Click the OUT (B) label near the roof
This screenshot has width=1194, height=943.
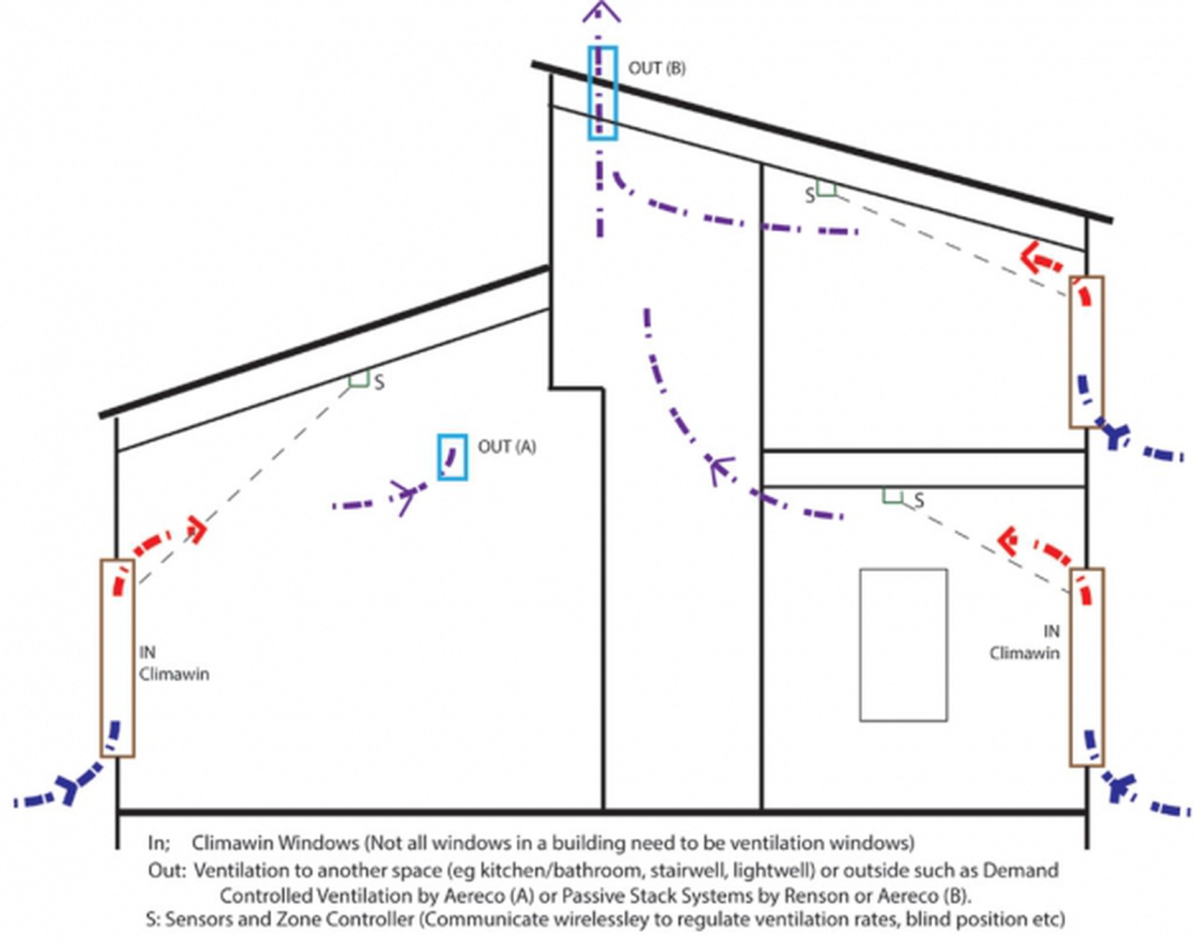657,68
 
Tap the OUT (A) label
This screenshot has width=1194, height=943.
506,446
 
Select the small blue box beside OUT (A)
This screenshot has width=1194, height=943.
452,457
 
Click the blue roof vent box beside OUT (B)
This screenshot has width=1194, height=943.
603,93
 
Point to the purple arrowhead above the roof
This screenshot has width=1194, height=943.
601,12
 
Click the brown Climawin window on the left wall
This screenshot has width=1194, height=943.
118,658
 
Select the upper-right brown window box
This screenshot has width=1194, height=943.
1086,352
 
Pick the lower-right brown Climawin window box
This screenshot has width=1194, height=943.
1086,666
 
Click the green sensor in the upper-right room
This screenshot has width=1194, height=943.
826,189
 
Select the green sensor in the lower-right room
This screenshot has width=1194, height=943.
893,495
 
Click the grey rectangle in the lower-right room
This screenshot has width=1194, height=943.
903,645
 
